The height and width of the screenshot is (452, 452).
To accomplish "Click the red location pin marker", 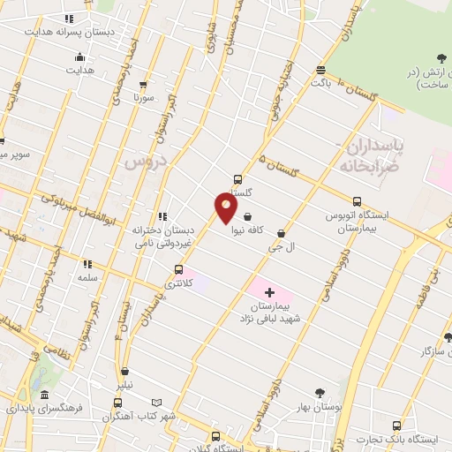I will coord(226,208).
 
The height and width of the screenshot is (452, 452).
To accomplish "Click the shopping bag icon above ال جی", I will coord(281,233).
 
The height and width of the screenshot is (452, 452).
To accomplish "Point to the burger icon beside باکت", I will coord(320,70).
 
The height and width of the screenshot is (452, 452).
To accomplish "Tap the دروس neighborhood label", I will coord(144,161).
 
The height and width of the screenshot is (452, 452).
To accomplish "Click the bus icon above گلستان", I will coord(237,178).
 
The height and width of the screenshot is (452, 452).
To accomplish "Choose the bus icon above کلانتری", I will coord(179,269).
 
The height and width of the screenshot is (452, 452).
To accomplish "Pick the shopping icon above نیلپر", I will coord(126,372).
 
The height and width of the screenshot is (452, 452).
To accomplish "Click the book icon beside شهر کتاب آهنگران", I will coord(157,402).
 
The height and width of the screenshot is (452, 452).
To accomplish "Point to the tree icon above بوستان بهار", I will coord(320,393).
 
